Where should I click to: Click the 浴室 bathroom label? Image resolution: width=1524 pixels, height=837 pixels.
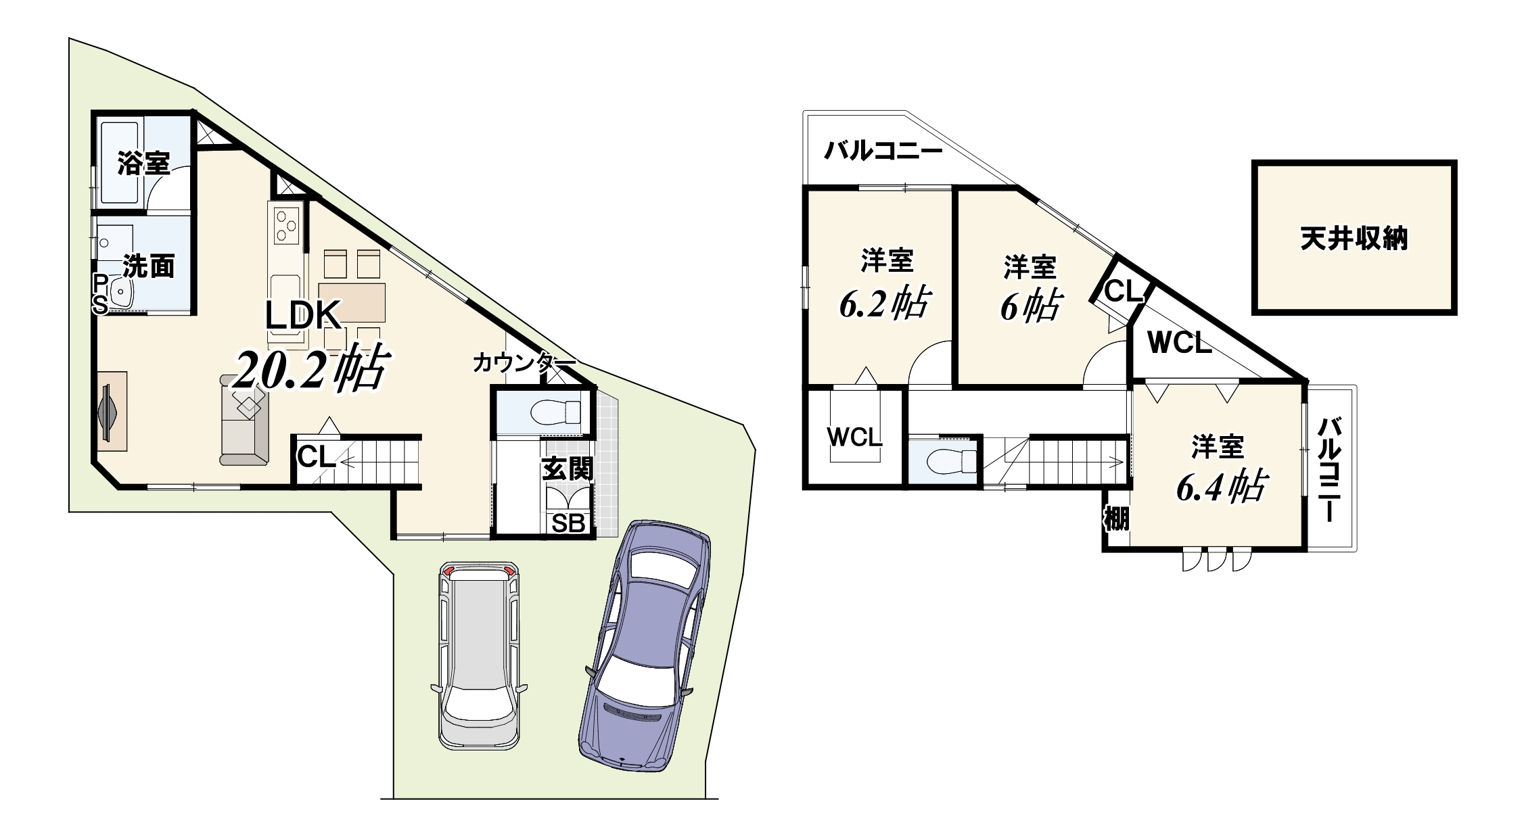tap(143, 163)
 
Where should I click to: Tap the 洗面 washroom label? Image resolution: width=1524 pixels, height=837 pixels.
tap(149, 266)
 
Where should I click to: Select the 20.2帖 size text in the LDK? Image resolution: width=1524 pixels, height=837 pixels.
tap(310, 369)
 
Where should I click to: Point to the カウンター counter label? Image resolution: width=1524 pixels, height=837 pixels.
tap(524, 363)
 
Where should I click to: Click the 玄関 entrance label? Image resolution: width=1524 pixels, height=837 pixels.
tap(568, 469)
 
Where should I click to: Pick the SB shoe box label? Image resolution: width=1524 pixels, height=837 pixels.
tap(568, 523)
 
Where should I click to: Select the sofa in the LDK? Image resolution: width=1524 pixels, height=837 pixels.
tap(244, 420)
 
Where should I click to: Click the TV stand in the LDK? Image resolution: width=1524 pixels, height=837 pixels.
tap(112, 411)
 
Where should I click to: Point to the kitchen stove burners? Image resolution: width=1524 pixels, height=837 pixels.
tap(286, 225)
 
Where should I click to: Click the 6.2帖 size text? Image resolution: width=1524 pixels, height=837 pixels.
tap(885, 304)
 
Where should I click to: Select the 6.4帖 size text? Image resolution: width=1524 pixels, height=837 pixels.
tap(1221, 487)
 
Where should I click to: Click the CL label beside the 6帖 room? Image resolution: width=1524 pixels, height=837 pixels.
tap(1124, 292)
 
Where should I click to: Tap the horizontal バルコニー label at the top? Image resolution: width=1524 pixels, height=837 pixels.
tap(883, 150)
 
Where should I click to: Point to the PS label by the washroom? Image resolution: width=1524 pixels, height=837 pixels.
tap(100, 294)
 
